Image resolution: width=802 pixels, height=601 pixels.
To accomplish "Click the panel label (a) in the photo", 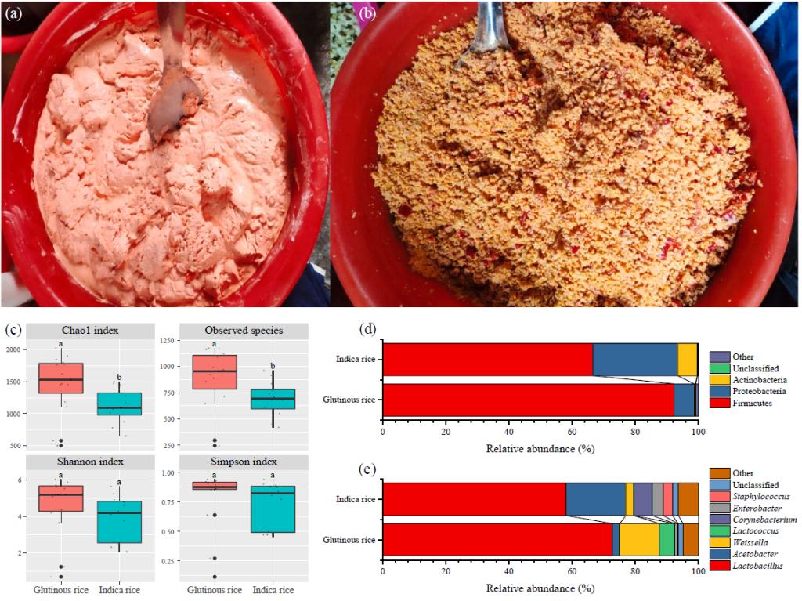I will pyautogui.click(x=15, y=13).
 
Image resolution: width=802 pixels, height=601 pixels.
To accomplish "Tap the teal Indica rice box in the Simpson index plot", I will pyautogui.click(x=273, y=509).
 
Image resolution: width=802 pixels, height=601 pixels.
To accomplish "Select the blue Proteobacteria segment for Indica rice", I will pyautogui.click(x=634, y=360).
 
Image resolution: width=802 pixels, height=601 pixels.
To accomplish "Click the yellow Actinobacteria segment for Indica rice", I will pyautogui.click(x=687, y=360).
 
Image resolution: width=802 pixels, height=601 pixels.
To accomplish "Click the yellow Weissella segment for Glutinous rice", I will pyautogui.click(x=638, y=539).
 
